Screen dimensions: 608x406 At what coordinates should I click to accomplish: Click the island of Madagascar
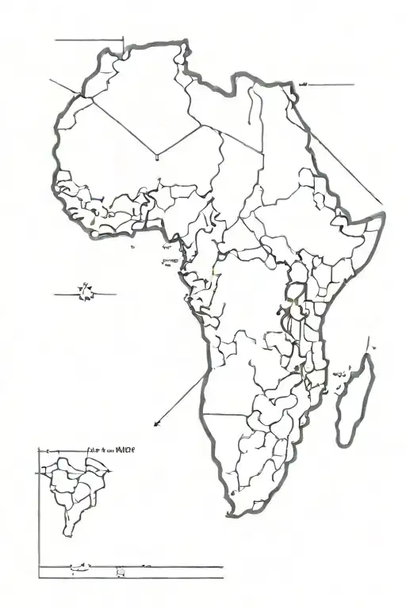(354, 400)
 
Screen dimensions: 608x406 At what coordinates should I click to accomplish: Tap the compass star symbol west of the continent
(84, 294)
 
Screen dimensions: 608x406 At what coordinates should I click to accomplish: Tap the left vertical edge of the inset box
(39, 507)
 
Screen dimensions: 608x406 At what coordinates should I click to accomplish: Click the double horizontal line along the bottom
(131, 568)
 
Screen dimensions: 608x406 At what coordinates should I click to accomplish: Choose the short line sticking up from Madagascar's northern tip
(367, 347)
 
